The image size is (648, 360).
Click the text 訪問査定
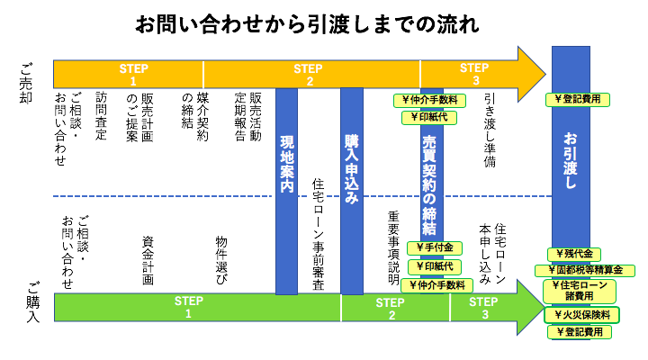coord(101,116)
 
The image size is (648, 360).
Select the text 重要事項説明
coord(393,247)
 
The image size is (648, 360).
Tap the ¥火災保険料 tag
coord(581,315)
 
